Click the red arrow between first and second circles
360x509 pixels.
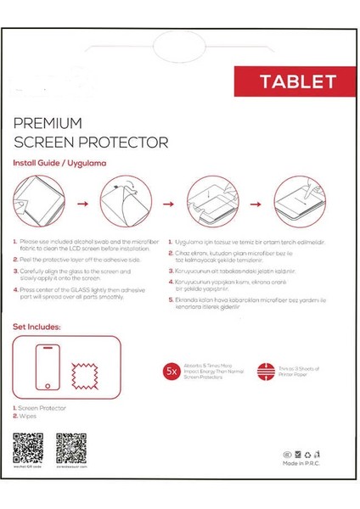point(82,204)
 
